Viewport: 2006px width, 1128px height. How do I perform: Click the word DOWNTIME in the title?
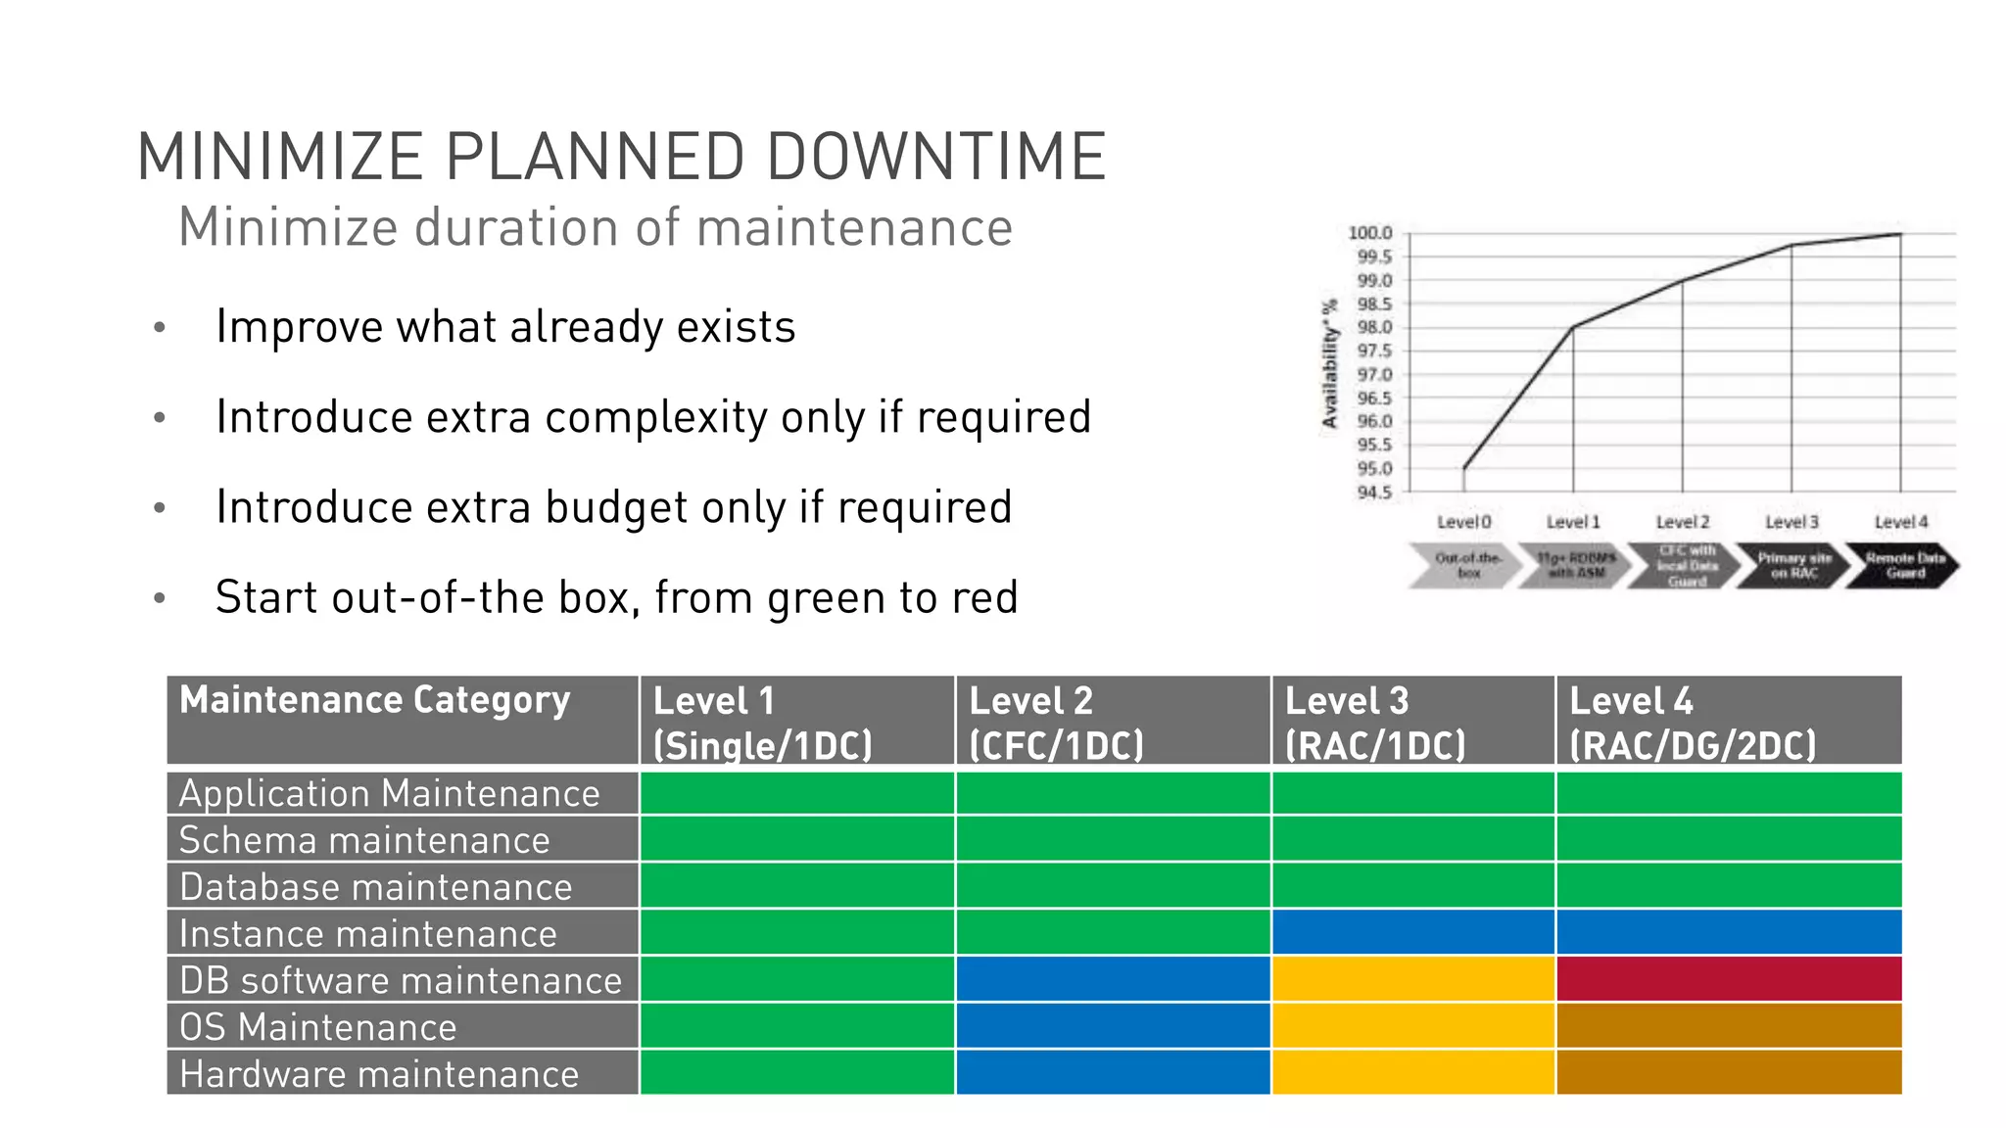[x=935, y=157]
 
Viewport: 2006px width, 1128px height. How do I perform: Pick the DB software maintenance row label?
[x=401, y=980]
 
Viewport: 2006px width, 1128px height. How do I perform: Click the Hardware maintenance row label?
[x=379, y=1074]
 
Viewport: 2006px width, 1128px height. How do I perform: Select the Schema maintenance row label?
[x=364, y=840]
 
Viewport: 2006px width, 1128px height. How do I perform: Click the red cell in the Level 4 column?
[x=1728, y=979]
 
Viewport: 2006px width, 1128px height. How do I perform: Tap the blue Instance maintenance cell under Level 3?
[x=1412, y=932]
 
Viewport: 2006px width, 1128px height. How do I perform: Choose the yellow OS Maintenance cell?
[x=1412, y=1026]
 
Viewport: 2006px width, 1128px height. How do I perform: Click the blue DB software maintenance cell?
[x=1113, y=979]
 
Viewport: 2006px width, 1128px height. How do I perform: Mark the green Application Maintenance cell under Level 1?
[x=796, y=793]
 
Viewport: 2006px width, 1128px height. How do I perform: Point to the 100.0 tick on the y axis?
[x=1369, y=233]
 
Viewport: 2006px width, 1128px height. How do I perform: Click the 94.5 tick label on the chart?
[x=1373, y=493]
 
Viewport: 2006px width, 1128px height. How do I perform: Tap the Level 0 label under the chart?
[x=1463, y=522]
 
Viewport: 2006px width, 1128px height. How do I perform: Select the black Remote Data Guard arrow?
[x=1902, y=565]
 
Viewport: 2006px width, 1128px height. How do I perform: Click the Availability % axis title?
[x=1329, y=364]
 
